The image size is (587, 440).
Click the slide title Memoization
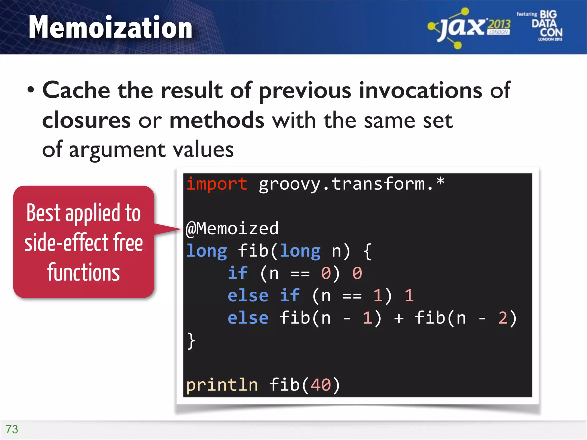[110, 27]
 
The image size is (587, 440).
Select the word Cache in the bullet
[76, 91]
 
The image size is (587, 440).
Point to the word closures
[86, 120]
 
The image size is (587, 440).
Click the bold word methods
[217, 120]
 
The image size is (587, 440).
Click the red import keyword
[217, 184]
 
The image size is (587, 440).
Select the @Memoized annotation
[232, 229]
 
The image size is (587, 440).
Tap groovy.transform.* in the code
[351, 184]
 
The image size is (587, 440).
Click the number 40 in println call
[320, 385]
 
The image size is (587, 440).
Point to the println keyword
[222, 385]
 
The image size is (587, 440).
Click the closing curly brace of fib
[191, 341]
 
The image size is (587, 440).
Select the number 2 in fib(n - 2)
[503, 318]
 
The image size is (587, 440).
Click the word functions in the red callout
[83, 272]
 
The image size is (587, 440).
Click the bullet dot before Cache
[31, 91]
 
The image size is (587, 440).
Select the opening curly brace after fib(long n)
[367, 252]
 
